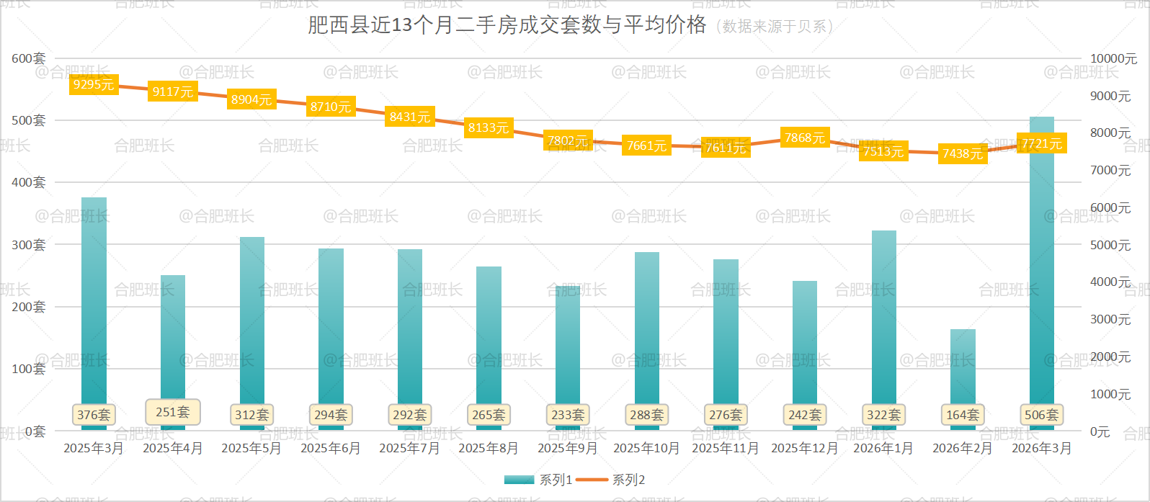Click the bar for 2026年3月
tap(1042, 274)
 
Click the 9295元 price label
tap(94, 84)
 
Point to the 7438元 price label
tap(963, 153)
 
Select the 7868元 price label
tap(805, 138)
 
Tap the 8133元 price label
tap(489, 127)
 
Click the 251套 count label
tap(173, 412)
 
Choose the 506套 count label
tap(1042, 415)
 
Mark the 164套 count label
tap(963, 415)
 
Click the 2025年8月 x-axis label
tap(489, 448)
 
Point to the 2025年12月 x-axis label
tap(805, 448)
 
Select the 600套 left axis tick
tap(29, 58)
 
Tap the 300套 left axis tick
tap(29, 245)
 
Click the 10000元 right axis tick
tap(1113, 58)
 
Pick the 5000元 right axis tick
tap(1110, 245)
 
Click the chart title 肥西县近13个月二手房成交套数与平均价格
tap(507, 25)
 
